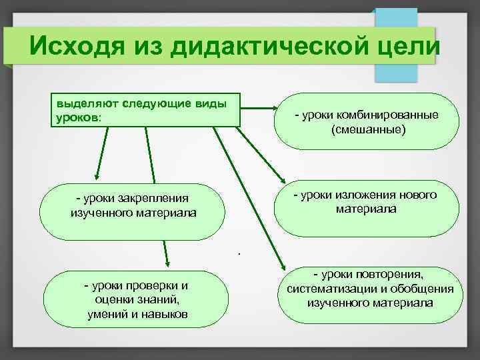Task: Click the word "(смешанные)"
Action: (x=367, y=129)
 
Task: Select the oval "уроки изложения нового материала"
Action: (x=367, y=207)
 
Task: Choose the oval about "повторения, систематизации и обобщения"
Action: (x=370, y=290)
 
